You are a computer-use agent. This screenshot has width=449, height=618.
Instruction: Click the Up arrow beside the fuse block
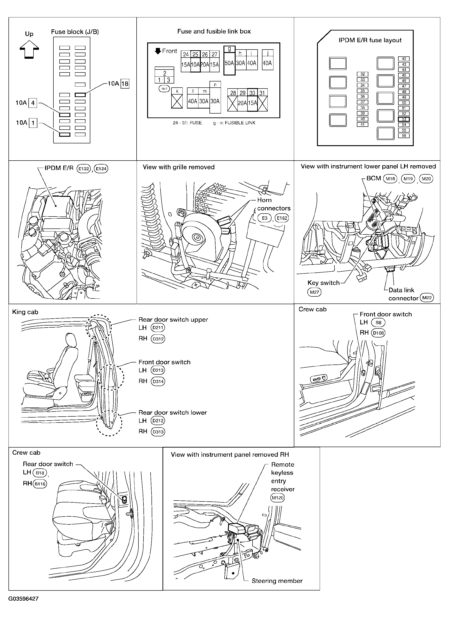(x=29, y=49)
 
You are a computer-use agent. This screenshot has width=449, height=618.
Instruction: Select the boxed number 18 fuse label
(x=125, y=84)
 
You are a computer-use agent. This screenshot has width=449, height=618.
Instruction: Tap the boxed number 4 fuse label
(x=33, y=103)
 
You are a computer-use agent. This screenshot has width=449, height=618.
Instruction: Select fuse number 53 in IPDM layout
(x=404, y=119)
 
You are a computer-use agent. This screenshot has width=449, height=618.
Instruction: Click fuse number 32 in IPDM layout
(x=362, y=74)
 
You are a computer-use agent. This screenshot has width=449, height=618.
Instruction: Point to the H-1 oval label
(x=164, y=89)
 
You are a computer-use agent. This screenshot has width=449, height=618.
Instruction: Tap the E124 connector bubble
(x=101, y=169)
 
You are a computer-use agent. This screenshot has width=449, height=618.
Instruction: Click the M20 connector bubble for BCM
(x=426, y=179)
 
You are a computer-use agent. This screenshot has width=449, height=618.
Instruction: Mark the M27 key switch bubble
(x=314, y=292)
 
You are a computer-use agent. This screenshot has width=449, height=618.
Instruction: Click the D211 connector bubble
(x=158, y=328)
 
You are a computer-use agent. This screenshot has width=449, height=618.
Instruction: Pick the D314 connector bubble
(x=158, y=381)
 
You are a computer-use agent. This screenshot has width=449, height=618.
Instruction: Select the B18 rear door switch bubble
(x=40, y=473)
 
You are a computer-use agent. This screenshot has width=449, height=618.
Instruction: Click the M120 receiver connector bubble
(x=278, y=498)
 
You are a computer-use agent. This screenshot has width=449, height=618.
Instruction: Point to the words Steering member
(x=277, y=581)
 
